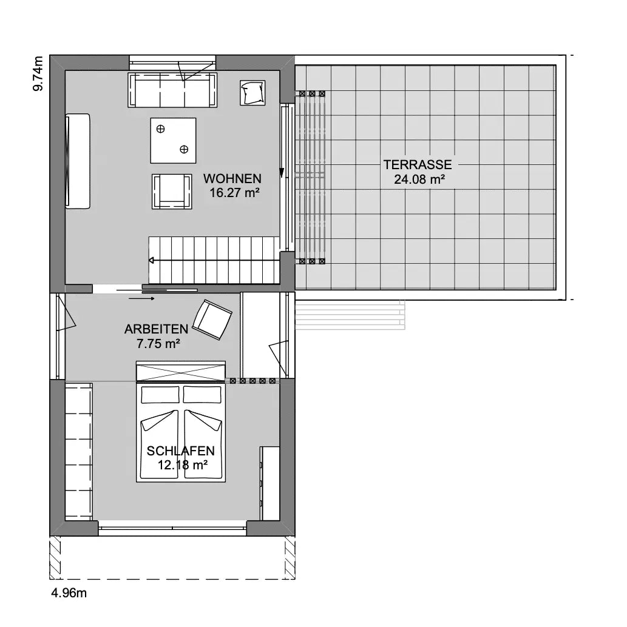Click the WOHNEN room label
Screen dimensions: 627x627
tap(232, 178)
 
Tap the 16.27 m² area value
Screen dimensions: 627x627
tap(235, 193)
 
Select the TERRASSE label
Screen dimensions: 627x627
tap(418, 164)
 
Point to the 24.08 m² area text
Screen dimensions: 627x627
tap(419, 179)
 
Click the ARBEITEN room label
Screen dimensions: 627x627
tap(156, 329)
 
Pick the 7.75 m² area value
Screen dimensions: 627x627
tap(158, 343)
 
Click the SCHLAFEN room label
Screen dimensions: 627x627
tap(180, 451)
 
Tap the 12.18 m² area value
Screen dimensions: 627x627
tap(182, 465)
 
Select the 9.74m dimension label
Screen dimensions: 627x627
tap(38, 73)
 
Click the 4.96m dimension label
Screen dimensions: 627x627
tap(69, 592)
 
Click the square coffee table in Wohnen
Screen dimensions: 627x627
tap(173, 140)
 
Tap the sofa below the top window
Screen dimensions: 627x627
tap(172, 90)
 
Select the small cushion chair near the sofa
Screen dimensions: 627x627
tap(252, 93)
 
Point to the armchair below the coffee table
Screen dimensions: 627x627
tap(172, 191)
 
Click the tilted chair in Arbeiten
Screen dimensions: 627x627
tap(212, 320)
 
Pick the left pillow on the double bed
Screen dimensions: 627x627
tap(160, 395)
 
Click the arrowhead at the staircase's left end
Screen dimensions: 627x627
tap(151, 260)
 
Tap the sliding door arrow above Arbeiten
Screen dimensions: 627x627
tap(142, 298)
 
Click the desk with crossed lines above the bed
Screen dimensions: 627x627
tap(180, 372)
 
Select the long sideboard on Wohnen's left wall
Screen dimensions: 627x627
tap(78, 161)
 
